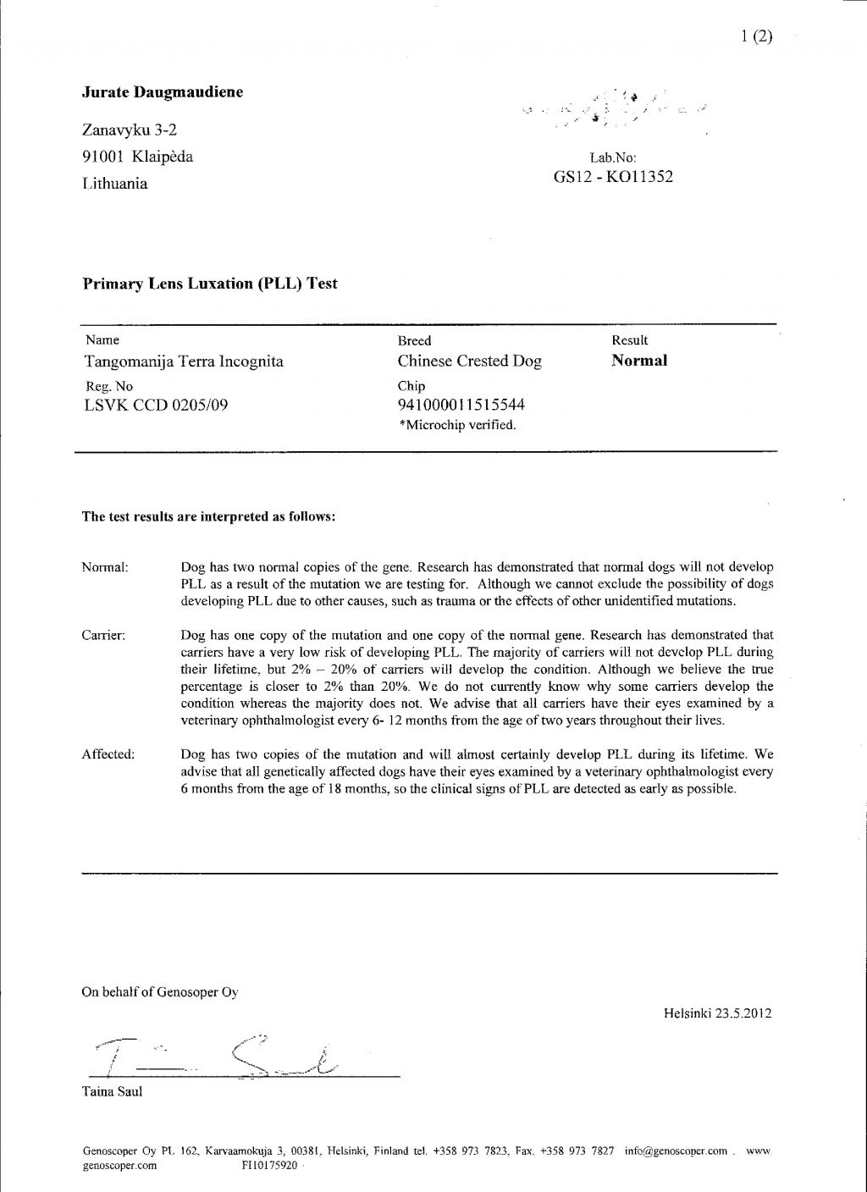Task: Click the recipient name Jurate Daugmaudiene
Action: click(x=163, y=92)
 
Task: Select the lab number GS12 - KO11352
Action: click(x=613, y=177)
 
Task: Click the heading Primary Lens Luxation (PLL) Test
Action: click(x=209, y=284)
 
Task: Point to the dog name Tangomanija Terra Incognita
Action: click(x=184, y=362)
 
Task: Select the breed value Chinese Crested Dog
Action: click(x=469, y=361)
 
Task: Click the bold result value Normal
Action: click(x=639, y=361)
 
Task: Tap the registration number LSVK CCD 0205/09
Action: click(x=156, y=405)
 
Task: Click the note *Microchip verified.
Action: click(x=457, y=425)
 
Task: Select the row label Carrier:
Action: click(x=103, y=635)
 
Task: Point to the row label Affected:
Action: click(x=108, y=754)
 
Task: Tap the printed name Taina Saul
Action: click(x=112, y=1092)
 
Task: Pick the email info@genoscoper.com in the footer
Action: click(x=676, y=1151)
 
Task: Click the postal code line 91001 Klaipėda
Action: click(x=137, y=157)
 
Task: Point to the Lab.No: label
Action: click(x=612, y=157)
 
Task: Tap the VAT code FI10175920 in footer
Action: click(x=269, y=1166)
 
